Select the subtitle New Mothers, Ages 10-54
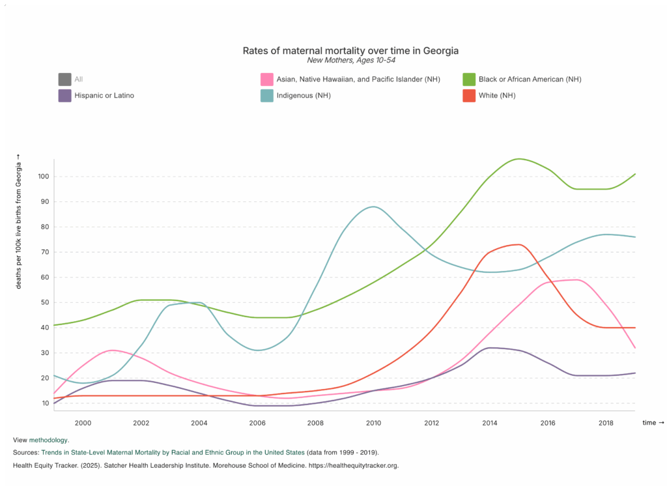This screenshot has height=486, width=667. [350, 60]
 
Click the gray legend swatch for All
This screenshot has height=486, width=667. [64, 79]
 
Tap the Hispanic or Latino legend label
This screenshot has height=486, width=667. [104, 96]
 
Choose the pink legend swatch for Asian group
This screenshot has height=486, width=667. [266, 79]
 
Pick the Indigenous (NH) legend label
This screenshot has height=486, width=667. [302, 96]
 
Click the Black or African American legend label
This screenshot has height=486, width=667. [530, 79]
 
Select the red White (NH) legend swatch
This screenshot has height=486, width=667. [469, 96]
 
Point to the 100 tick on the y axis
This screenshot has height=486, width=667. [44, 177]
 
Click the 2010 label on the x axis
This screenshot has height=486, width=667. [373, 423]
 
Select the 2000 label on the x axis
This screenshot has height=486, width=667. [83, 423]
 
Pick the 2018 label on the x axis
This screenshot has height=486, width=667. [606, 423]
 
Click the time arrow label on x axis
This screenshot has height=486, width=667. [653, 423]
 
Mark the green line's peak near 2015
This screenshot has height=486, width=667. [518, 158]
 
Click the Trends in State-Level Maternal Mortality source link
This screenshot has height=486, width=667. [173, 452]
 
